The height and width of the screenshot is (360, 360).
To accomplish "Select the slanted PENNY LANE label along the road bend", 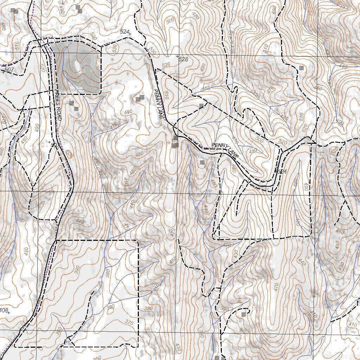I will pos(225,150).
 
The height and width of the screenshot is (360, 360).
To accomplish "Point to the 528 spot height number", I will pos(183,59).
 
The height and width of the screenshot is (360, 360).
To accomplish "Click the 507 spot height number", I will pos(9,70).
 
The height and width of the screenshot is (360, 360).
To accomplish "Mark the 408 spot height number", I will pos(4,310).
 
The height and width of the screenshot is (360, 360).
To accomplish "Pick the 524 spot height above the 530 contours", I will pos(124,32).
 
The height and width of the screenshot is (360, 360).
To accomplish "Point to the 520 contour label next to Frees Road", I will pos(43,67).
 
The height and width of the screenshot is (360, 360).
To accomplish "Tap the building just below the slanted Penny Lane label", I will pos(202,162).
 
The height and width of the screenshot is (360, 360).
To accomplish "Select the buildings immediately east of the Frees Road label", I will pos(74,105).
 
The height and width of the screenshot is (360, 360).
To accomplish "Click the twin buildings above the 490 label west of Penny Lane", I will pos(140,98).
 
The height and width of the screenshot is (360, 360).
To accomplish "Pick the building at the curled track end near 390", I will pos(243,314).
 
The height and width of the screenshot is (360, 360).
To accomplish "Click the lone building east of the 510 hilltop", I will pos(301,67).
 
